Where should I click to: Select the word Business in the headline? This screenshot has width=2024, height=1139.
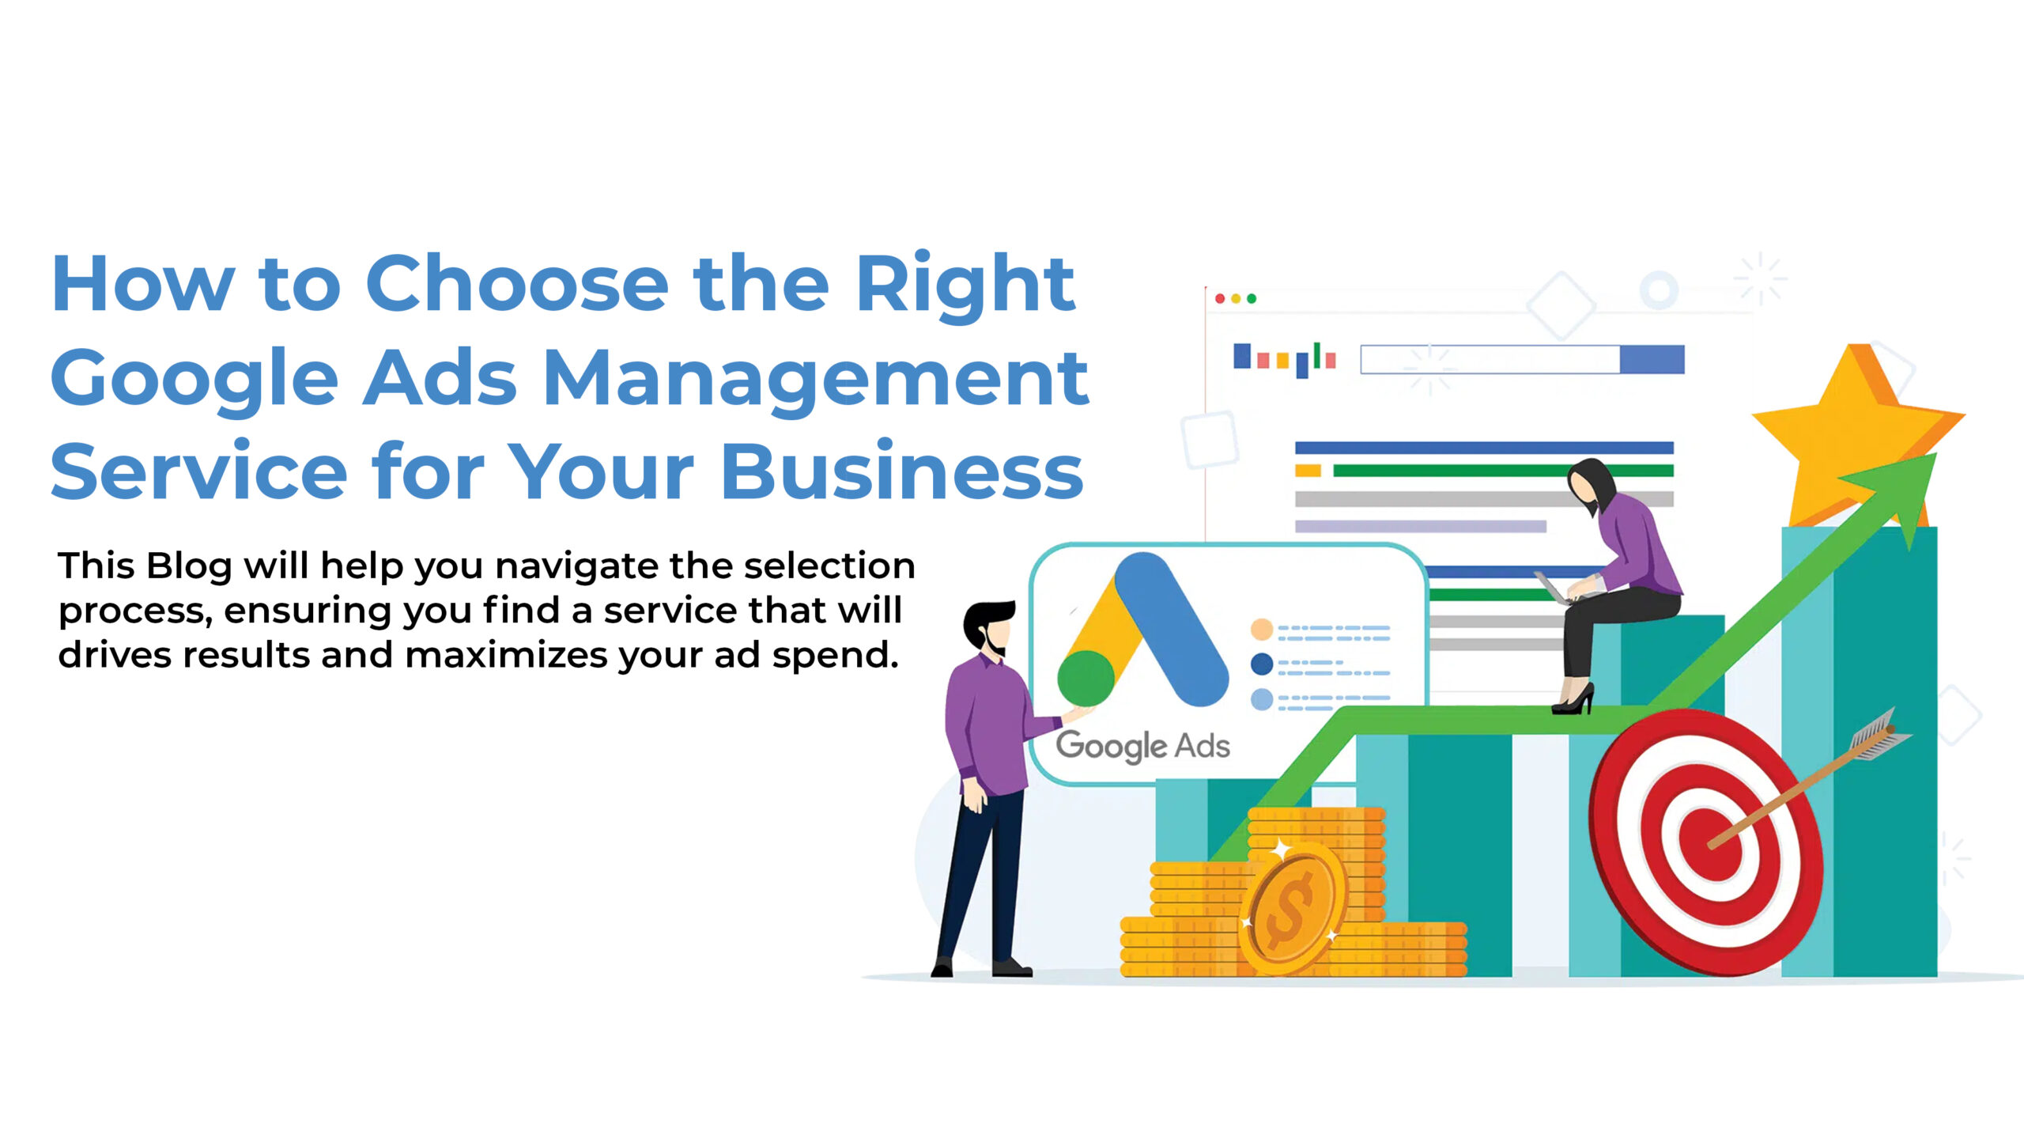click(x=902, y=471)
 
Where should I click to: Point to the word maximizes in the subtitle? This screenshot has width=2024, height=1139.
click(x=505, y=655)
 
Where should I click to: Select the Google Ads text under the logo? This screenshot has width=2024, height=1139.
click(x=1142, y=746)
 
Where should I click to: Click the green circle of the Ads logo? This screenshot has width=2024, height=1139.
click(x=1086, y=679)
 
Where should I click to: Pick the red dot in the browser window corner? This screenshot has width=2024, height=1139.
click(x=1220, y=298)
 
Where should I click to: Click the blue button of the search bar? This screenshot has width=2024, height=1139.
click(x=1652, y=359)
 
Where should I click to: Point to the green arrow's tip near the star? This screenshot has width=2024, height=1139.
click(x=1936, y=454)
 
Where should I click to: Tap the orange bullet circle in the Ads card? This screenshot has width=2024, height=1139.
click(x=1262, y=630)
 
